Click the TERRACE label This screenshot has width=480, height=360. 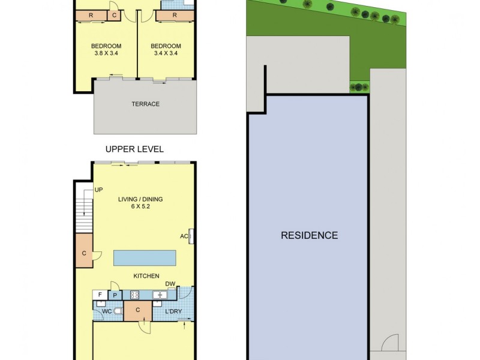point(145,104)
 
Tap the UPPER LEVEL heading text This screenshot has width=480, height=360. point(134,149)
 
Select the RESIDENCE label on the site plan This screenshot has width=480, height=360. point(309,235)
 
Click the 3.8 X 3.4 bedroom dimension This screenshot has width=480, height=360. point(106,53)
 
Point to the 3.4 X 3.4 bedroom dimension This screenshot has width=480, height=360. point(166,53)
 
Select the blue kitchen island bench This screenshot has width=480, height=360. point(145,258)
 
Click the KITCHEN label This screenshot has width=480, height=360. point(146,276)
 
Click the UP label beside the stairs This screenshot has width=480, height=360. point(98,190)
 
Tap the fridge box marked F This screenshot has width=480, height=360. point(100,295)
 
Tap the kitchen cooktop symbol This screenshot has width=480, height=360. point(135,295)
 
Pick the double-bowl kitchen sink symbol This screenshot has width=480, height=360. point(160,295)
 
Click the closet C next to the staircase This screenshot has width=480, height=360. point(83,254)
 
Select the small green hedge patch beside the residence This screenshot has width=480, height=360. point(359,87)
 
